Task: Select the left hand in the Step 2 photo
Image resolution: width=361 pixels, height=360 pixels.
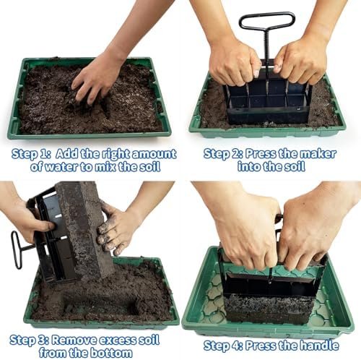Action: (232, 61)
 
